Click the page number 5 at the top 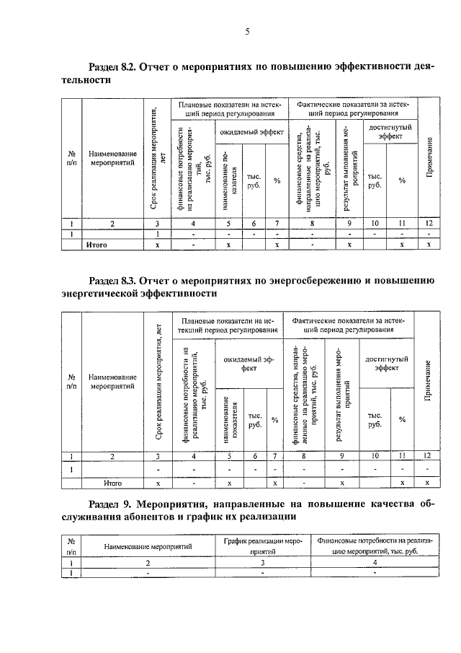247,31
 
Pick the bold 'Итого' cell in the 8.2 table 97,245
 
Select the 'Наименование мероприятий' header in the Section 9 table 148,546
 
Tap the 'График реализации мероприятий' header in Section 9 262,545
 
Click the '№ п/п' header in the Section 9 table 72,545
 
